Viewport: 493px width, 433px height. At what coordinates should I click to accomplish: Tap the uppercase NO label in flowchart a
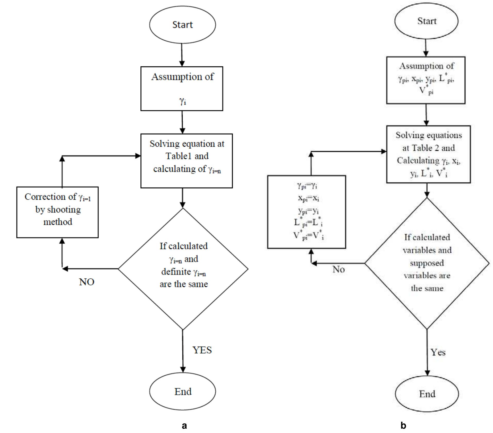point(87,282)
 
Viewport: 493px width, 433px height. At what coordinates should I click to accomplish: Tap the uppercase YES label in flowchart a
point(202,350)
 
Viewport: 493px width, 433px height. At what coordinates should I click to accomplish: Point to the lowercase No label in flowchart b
point(338,269)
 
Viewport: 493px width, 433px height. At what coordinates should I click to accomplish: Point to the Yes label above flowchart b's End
point(438,352)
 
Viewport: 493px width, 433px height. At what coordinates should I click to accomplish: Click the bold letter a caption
point(184,426)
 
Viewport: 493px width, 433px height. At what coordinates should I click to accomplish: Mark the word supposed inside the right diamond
point(427,263)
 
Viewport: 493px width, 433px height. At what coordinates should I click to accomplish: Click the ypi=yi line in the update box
point(308,211)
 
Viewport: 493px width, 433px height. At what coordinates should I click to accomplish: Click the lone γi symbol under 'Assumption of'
point(182,101)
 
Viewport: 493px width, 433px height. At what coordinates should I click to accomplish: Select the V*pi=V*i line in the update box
point(308,235)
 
